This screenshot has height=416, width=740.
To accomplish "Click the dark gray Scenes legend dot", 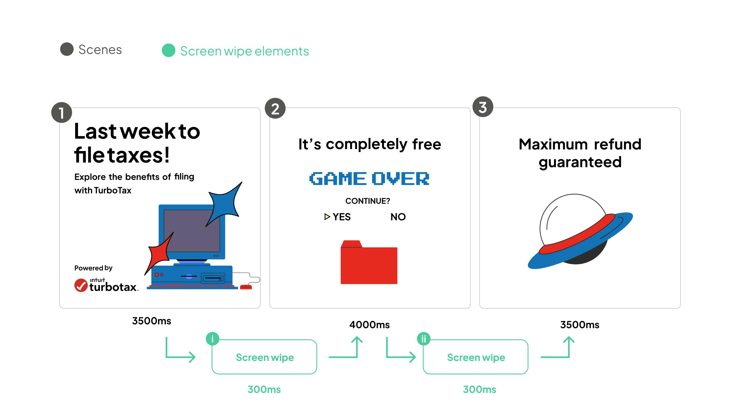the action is click(67, 49).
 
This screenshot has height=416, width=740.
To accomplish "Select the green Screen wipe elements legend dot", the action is click(169, 50).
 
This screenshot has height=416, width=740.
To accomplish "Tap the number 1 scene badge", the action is click(61, 112).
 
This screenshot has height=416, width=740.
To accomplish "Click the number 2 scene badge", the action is click(275, 108).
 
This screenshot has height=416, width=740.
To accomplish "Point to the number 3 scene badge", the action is click(483, 107).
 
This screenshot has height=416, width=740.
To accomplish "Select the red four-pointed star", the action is click(159, 253).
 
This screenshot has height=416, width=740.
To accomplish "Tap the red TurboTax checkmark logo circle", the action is click(81, 285).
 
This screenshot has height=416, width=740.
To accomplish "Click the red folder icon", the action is click(369, 262).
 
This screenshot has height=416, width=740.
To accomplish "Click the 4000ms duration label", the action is click(369, 325).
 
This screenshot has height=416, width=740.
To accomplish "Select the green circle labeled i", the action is click(213, 339).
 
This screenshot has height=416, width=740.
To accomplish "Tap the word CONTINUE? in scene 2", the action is click(368, 201).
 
